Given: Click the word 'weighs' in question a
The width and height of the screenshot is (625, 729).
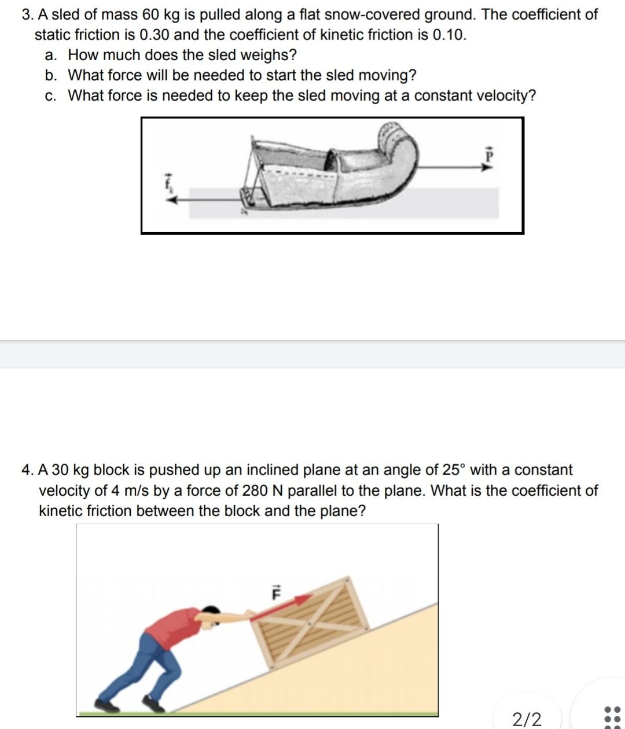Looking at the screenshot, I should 267,55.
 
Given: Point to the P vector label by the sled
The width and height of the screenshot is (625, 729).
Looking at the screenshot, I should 488,155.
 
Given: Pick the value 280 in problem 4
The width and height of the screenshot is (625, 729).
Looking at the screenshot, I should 255,491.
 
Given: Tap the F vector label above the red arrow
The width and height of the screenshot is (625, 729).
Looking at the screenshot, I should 276,592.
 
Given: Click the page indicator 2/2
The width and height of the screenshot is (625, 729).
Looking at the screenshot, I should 527,719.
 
